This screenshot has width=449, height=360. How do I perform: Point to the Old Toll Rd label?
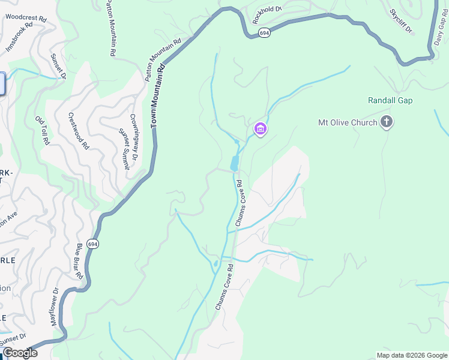pyautogui.click(x=41, y=130)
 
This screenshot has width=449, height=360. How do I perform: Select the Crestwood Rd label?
pyautogui.click(x=79, y=131)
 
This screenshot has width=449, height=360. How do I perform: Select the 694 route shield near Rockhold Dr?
pyautogui.click(x=264, y=34)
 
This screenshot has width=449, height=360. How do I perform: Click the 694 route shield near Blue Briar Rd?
pyautogui.click(x=92, y=244)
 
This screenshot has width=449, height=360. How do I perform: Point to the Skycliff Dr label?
pyautogui.click(x=401, y=21)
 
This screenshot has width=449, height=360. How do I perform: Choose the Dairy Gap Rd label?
pyautogui.click(x=439, y=30)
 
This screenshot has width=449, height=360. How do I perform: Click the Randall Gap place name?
pyautogui.click(x=391, y=101)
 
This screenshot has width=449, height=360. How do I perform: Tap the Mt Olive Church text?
pyautogui.click(x=348, y=123)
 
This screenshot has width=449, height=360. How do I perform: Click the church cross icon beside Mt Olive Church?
pyautogui.click(x=387, y=122)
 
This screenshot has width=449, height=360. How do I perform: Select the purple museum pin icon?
pyautogui.click(x=260, y=128)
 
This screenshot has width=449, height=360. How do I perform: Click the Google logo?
pyautogui.click(x=20, y=353)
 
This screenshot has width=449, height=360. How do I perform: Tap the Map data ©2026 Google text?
pyautogui.click(x=411, y=355)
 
